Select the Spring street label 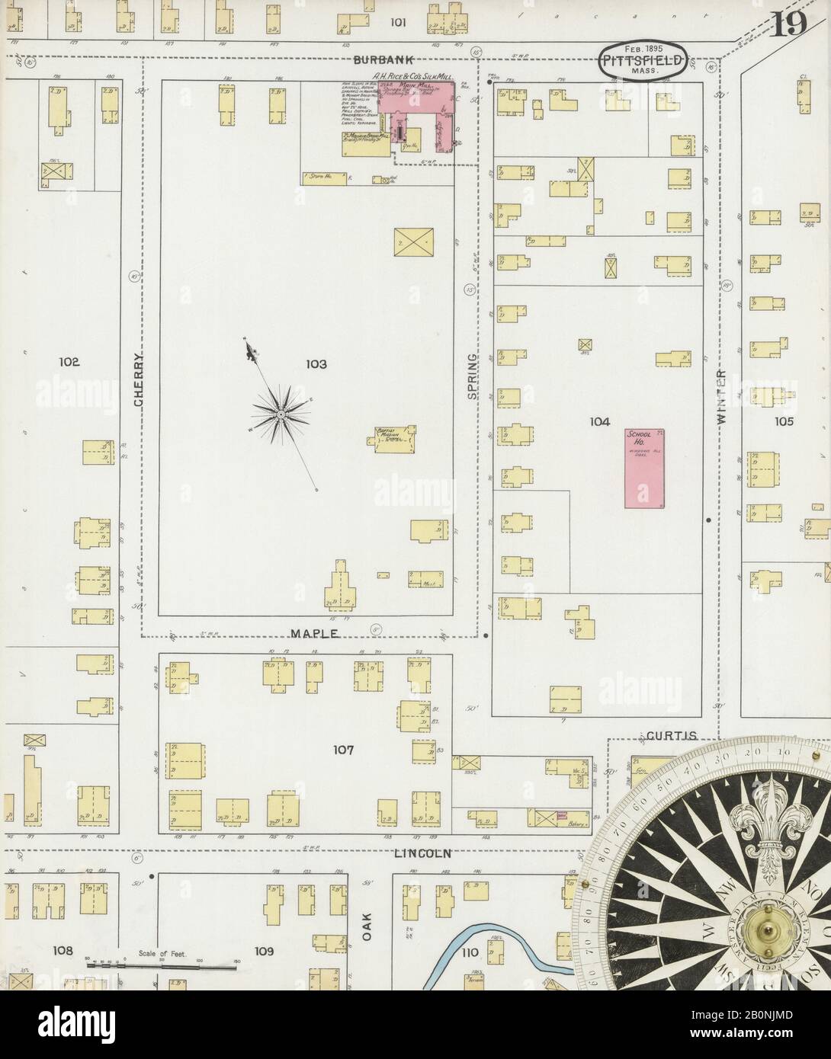point(473,376)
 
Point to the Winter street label point(721,398)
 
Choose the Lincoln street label point(423,853)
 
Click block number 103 point(316,365)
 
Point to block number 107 point(343,750)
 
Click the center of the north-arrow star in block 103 point(281,414)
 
